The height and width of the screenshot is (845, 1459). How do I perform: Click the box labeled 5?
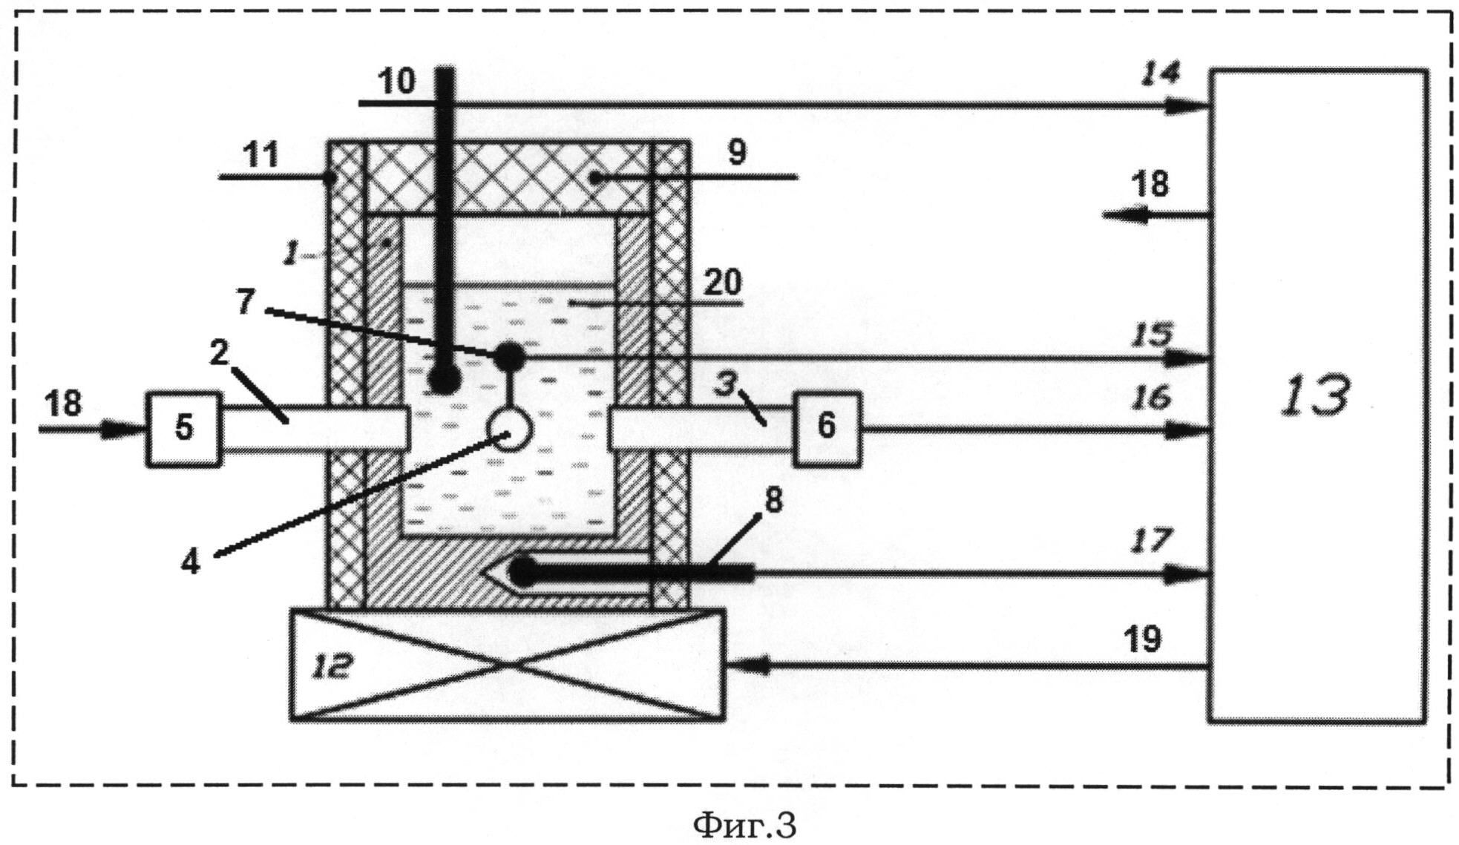[183, 429]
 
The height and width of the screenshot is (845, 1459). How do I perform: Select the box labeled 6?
[827, 429]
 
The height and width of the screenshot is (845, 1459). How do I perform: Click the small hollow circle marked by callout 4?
[509, 430]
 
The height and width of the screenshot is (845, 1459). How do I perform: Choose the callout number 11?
[260, 155]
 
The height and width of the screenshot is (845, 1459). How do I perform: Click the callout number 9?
[736, 152]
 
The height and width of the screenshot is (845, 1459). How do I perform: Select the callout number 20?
[723, 282]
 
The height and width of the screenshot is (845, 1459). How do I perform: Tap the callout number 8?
[773, 501]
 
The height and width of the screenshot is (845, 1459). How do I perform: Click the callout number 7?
[245, 301]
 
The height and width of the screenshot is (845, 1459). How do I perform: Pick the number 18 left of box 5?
[63, 404]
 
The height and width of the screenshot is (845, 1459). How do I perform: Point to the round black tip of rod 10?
[444, 381]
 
